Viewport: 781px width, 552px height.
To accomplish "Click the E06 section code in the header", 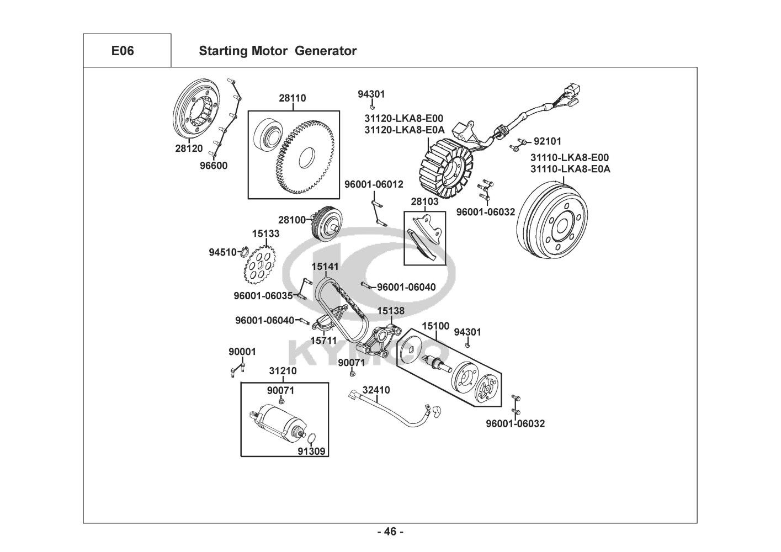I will [x=122, y=51].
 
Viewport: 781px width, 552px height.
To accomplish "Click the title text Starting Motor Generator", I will [x=277, y=51].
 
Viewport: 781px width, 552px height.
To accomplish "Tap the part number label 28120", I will [x=189, y=148].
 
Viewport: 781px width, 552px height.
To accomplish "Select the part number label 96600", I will [x=213, y=165].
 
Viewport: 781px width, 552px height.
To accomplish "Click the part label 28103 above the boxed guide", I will [x=425, y=202].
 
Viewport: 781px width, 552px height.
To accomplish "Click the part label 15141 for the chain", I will [x=325, y=267].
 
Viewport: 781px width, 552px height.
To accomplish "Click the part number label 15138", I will [x=391, y=311].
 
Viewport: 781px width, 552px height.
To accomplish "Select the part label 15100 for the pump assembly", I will [x=435, y=327].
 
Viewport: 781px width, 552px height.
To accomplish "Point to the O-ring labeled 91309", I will [x=311, y=440].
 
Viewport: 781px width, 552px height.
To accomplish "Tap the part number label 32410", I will [x=376, y=390].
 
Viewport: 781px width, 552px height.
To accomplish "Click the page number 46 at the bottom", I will [x=390, y=532].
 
